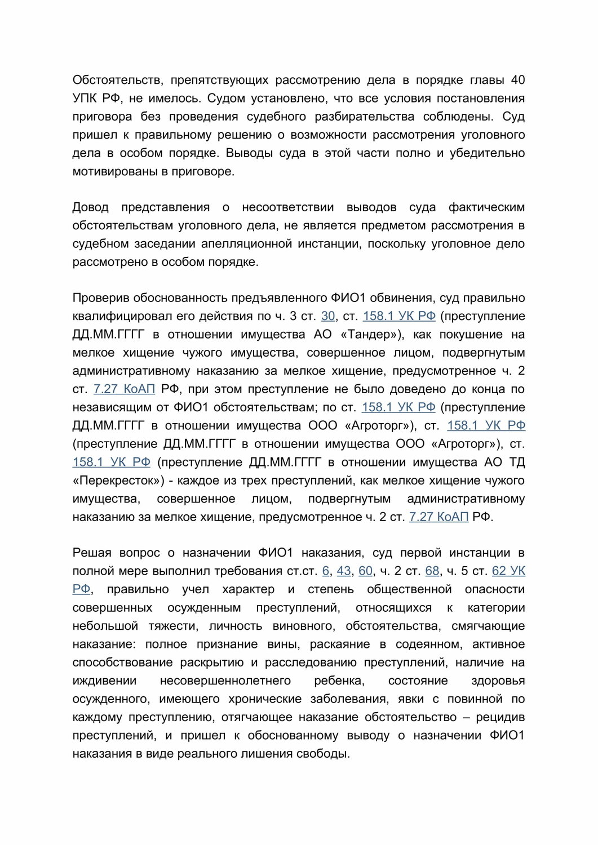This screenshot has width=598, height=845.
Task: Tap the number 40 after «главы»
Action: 517,80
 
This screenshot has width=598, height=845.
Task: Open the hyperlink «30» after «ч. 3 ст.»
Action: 328,316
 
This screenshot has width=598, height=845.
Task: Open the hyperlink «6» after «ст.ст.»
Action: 326,571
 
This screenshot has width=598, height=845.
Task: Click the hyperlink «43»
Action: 344,571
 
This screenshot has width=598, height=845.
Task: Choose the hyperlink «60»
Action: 365,571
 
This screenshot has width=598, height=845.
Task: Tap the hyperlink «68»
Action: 432,571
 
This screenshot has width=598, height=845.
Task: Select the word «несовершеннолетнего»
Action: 225,681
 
